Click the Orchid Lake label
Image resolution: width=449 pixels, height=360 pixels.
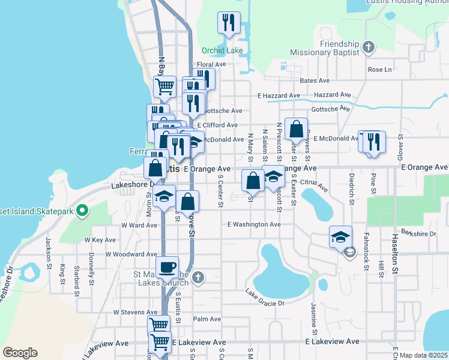pyautogui.click(x=222, y=50)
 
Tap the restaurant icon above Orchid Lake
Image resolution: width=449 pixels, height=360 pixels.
pyautogui.click(x=229, y=23)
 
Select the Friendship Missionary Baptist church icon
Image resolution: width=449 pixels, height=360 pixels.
pyautogui.click(x=369, y=46)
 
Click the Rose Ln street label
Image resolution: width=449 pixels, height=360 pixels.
pyautogui.click(x=379, y=70)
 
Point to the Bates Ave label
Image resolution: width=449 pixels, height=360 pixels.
pyautogui.click(x=315, y=80)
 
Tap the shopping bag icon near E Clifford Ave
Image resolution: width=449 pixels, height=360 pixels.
pyautogui.click(x=296, y=129)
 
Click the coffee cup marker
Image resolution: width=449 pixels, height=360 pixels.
pyautogui.click(x=167, y=267)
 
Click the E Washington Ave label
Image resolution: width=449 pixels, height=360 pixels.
pyautogui.click(x=254, y=224)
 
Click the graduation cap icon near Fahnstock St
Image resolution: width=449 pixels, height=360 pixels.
pyautogui.click(x=340, y=237)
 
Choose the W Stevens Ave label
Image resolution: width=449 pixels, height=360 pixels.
pyautogui.click(x=139, y=312)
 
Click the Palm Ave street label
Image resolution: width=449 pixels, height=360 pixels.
pyautogui.click(x=207, y=319)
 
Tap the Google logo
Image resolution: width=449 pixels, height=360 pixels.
pyautogui.click(x=20, y=353)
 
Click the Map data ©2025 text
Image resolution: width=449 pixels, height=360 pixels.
pyautogui.click(x=424, y=355)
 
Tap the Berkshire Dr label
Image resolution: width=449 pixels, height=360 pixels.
pyautogui.click(x=418, y=232)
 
